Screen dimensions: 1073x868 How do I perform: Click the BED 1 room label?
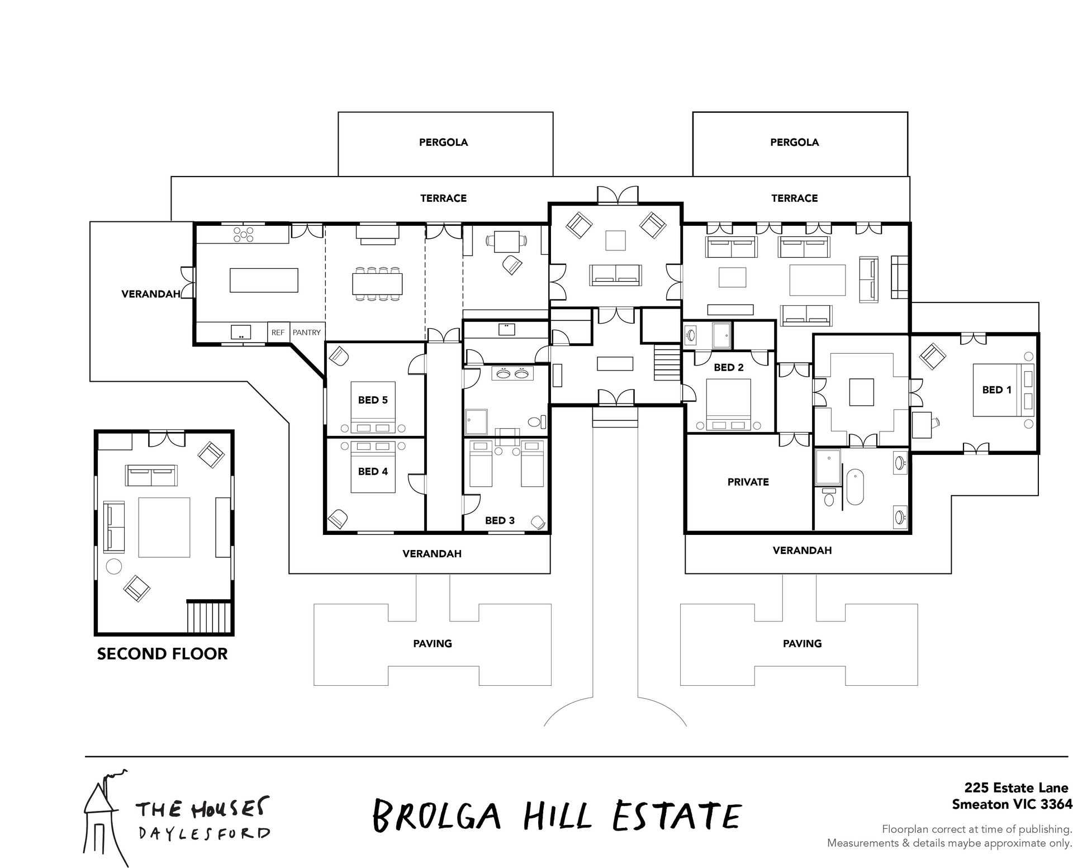tap(996, 390)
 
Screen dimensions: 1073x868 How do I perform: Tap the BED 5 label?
tap(373, 400)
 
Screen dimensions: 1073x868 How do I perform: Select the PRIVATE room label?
tap(748, 482)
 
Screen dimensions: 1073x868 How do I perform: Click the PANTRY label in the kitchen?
tap(307, 332)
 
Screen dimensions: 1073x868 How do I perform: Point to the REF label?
tap(278, 332)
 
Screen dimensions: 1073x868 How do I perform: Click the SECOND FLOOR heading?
tap(162, 654)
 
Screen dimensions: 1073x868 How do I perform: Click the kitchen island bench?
tap(264, 280)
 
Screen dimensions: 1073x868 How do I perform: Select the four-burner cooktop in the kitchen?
tap(244, 234)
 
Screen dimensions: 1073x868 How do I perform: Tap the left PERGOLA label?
tap(443, 143)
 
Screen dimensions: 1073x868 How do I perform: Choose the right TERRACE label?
tap(794, 198)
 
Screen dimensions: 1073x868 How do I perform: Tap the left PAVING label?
tap(432, 643)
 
